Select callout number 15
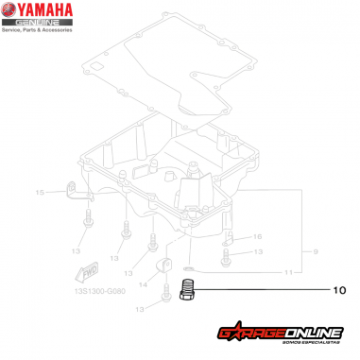(40, 193)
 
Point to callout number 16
(257, 236)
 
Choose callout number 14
(144, 283)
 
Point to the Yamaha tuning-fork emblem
(11, 13)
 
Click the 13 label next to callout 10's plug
(140, 309)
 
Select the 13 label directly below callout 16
(257, 253)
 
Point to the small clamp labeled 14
(163, 266)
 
